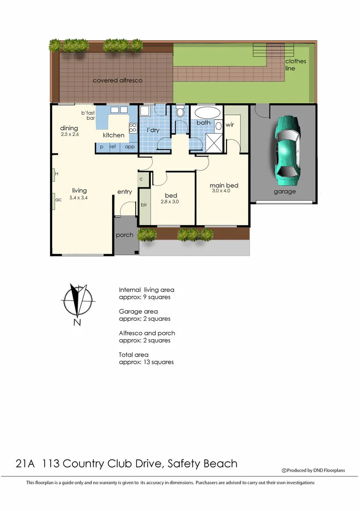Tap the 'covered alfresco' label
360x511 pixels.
click(x=117, y=80)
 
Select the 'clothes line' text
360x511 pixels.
click(x=295, y=65)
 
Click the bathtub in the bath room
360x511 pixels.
click(x=207, y=114)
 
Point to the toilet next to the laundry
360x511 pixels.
click(x=180, y=114)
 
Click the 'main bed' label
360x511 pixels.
click(x=224, y=185)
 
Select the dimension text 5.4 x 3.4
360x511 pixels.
click(x=79, y=198)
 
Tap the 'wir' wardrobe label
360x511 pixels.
click(x=230, y=125)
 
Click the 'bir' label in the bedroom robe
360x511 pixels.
click(x=144, y=205)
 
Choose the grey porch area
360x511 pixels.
click(x=125, y=235)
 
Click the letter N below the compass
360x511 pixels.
click(x=77, y=323)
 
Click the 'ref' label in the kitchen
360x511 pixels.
click(x=113, y=147)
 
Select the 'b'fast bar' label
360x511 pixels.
click(x=88, y=115)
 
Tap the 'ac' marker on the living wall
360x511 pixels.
click(x=59, y=200)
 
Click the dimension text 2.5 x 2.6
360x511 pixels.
click(x=70, y=135)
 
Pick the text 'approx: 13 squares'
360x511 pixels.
click(x=146, y=362)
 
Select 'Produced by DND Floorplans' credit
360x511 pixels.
click(x=314, y=470)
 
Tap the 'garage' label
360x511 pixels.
click(x=285, y=192)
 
